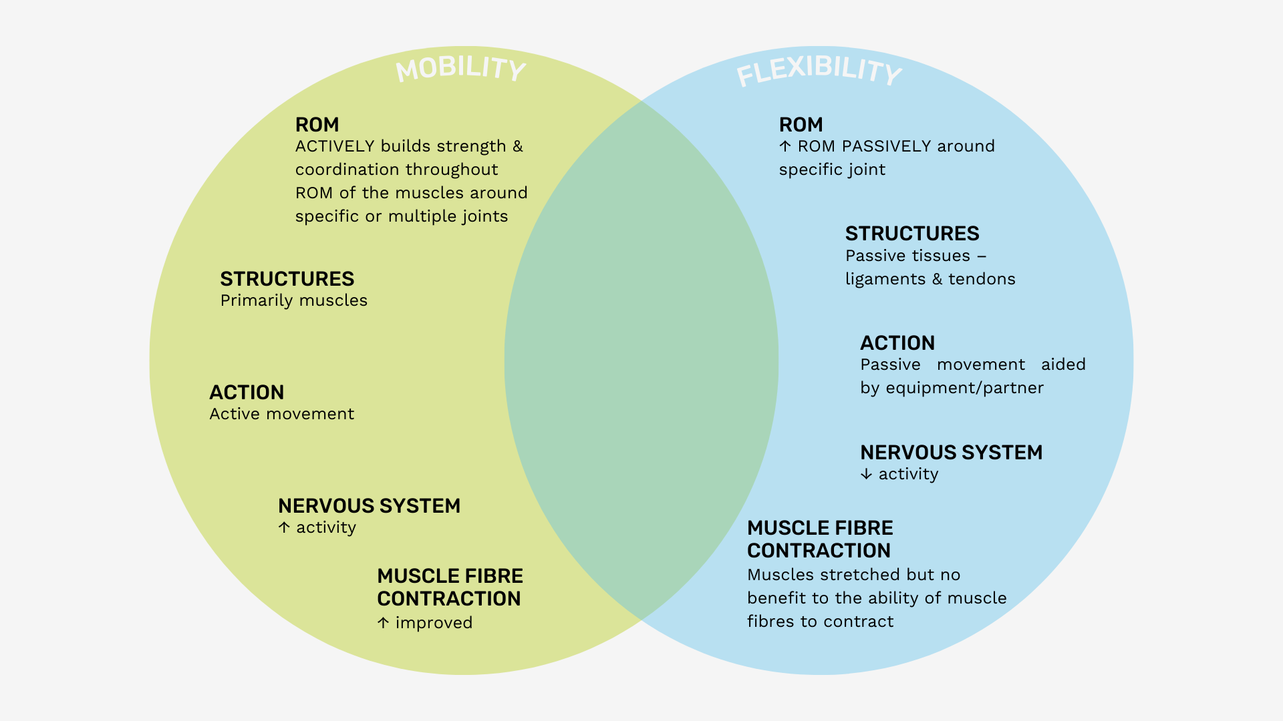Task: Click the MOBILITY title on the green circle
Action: point(460,68)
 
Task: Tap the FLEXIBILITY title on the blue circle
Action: point(819,71)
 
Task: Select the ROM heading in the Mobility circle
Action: point(317,125)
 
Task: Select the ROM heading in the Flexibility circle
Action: point(801,125)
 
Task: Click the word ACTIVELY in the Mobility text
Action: point(335,146)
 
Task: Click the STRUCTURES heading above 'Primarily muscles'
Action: point(287,279)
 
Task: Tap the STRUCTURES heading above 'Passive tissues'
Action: point(911,234)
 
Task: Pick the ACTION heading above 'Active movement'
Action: point(247,393)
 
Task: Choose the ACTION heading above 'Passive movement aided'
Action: point(897,343)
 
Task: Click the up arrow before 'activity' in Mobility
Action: point(284,527)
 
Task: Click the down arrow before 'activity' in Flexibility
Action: point(866,474)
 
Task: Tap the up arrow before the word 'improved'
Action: point(383,623)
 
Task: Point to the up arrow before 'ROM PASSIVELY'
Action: point(785,146)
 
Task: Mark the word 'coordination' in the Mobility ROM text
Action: point(343,170)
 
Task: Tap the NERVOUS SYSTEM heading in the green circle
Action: point(369,506)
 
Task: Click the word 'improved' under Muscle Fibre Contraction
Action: point(434,623)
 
